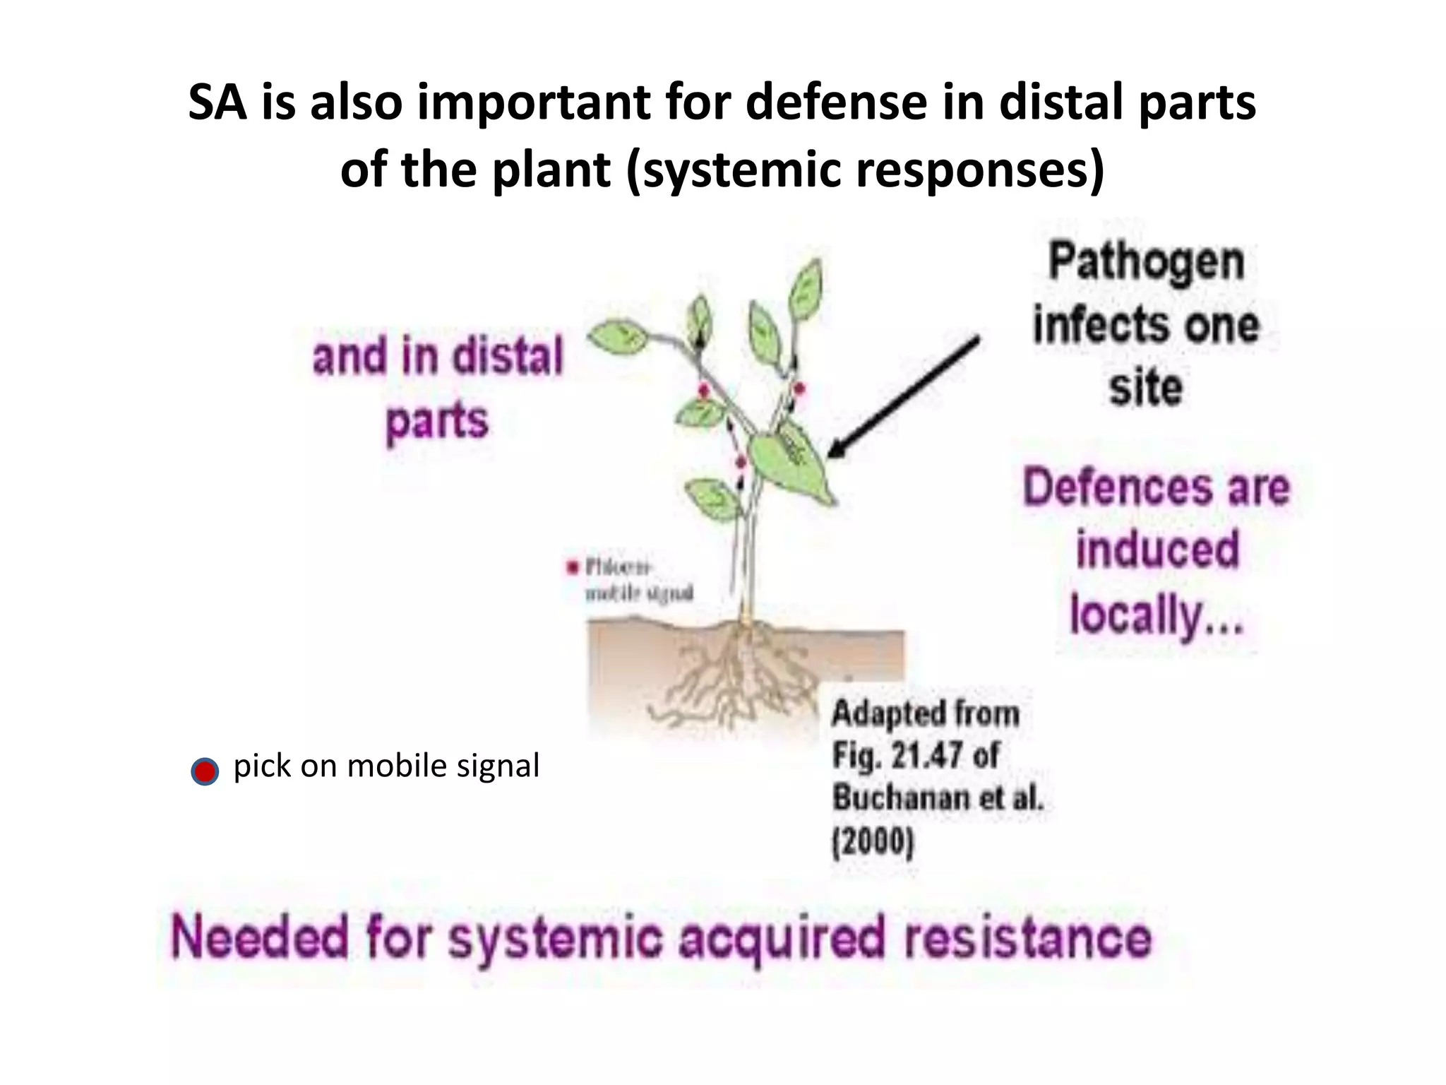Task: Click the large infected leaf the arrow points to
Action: [791, 459]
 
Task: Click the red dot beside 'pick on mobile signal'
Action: [205, 771]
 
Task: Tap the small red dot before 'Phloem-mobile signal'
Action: [573, 567]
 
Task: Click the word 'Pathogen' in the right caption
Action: [1145, 262]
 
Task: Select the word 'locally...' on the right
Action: [1156, 615]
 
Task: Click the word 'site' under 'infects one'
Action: [1145, 388]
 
